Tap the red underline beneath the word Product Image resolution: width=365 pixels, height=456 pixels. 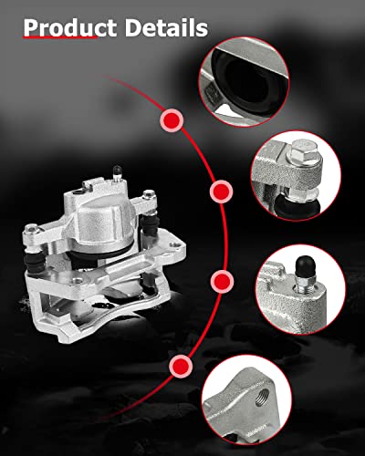click(x=59, y=40)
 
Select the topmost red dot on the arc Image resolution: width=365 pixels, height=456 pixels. click(x=170, y=119)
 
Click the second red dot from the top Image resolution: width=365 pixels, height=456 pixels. click(x=220, y=192)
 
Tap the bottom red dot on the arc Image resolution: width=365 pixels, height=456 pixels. click(x=181, y=367)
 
